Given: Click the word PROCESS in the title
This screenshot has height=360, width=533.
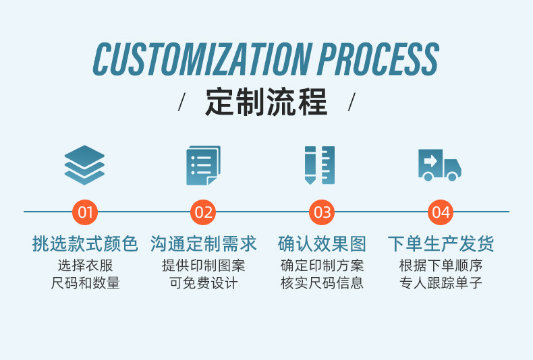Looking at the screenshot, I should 378,59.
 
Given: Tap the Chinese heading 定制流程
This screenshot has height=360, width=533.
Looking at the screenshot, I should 266,102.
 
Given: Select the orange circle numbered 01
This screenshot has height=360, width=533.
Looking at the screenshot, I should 85,212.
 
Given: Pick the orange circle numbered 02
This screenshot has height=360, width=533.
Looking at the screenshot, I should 203,212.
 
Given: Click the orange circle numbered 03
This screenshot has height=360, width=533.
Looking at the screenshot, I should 322,212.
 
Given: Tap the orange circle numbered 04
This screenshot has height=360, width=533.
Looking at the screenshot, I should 441,212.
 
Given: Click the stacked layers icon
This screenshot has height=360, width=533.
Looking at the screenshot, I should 85,165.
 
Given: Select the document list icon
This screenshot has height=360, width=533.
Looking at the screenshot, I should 203,165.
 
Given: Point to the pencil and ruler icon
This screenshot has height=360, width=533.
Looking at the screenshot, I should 320,165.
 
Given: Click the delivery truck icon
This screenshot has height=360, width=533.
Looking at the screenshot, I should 439,165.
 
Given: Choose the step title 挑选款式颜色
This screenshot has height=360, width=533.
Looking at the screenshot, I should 85,243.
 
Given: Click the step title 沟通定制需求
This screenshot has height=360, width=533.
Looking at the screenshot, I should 203,243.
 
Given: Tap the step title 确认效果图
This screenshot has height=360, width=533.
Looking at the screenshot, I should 322,243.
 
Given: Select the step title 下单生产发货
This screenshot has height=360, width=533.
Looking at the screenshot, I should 441,243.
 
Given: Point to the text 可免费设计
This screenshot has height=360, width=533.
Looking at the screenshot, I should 203,283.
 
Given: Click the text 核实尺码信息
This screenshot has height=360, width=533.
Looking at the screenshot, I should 322,283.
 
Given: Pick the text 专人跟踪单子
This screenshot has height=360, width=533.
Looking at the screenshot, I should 441,283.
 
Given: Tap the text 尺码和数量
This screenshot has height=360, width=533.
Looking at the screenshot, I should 85,283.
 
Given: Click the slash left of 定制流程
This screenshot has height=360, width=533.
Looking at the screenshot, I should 181,103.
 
